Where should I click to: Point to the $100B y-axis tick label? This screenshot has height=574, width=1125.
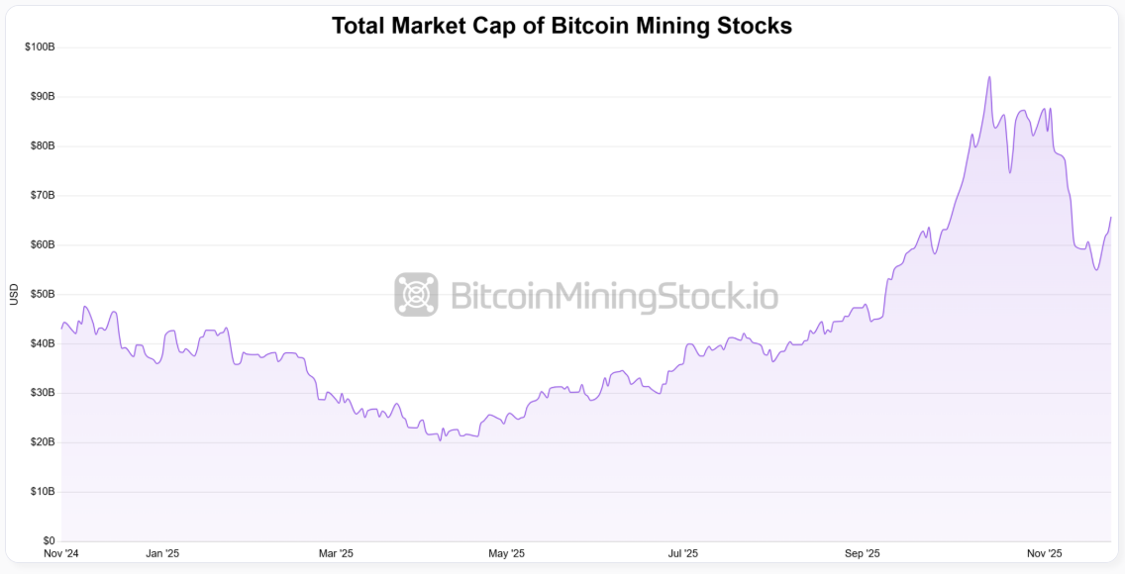(39, 48)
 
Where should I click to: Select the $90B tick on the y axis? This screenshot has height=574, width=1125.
(41, 97)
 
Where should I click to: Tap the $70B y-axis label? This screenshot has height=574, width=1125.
(41, 196)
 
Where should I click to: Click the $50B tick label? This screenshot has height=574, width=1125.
(41, 295)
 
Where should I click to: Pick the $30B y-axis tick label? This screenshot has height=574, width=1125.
(41, 393)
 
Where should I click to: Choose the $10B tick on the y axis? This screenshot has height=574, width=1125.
(41, 492)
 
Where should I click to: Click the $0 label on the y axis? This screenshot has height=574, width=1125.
(48, 541)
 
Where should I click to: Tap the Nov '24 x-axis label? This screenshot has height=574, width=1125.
(61, 554)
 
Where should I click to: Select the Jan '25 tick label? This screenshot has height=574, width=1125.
(162, 554)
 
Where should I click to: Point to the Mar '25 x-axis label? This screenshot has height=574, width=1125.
(337, 554)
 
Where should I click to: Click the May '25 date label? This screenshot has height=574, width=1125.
(508, 554)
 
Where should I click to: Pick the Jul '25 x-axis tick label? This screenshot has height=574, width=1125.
(682, 554)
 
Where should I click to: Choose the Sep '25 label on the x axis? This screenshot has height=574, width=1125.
(863, 554)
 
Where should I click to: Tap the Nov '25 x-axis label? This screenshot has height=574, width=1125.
(1043, 554)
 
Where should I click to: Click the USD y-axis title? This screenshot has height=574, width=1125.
(14, 295)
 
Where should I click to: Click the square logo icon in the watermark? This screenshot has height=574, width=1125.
(416, 295)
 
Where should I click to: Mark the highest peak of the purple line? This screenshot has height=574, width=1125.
(988, 77)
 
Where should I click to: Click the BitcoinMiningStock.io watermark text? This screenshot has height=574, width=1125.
(614, 296)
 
